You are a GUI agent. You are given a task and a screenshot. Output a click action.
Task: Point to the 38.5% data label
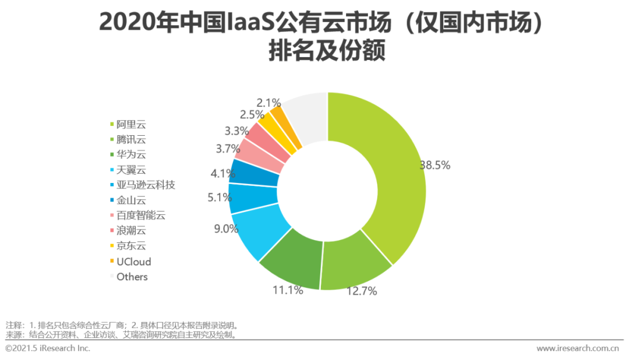pos(435,165)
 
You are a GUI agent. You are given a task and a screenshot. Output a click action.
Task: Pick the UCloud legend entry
pos(133,262)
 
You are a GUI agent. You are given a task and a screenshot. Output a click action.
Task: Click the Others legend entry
pos(132,277)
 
